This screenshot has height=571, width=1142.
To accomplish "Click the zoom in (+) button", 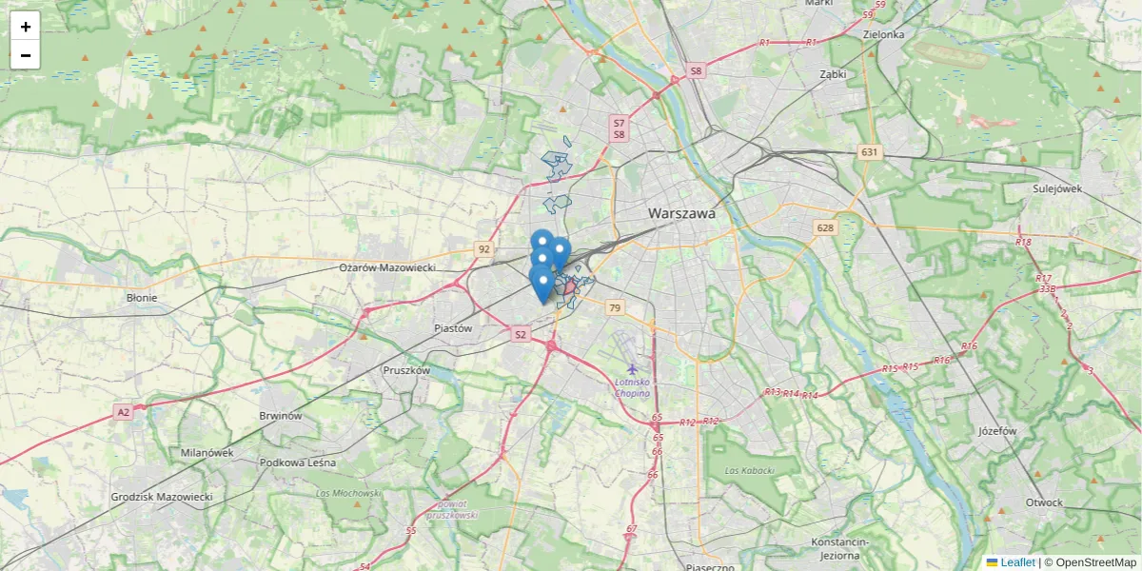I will pos(26,27).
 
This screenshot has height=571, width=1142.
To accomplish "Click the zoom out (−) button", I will pos(26,55).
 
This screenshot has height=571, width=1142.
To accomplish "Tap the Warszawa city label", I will pos(681,214).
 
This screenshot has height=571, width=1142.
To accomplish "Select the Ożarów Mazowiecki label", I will pos(386,268).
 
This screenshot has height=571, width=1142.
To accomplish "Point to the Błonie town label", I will pos(142,297).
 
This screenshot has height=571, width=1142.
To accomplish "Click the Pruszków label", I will pos(406,370).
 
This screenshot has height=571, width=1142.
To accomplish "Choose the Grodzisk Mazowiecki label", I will pos(162,497).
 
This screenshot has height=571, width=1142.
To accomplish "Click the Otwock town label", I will pos(1044,502).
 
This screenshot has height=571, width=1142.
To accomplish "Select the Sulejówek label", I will pos(1057,188).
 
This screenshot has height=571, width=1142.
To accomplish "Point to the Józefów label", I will pos(997,430).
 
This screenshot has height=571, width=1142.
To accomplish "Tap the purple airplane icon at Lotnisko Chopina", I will pos(632,368).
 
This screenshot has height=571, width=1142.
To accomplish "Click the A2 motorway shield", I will pos(123,412).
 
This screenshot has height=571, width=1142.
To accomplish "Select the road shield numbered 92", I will pos(484,249).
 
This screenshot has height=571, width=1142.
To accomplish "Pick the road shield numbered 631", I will pos(869,152).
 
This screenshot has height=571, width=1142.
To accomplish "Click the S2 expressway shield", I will pos(520,334).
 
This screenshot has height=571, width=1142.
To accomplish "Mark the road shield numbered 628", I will pos(824,227).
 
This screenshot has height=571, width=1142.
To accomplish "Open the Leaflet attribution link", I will pos(1016,562).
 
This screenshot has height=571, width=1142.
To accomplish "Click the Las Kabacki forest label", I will pos(749,470).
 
